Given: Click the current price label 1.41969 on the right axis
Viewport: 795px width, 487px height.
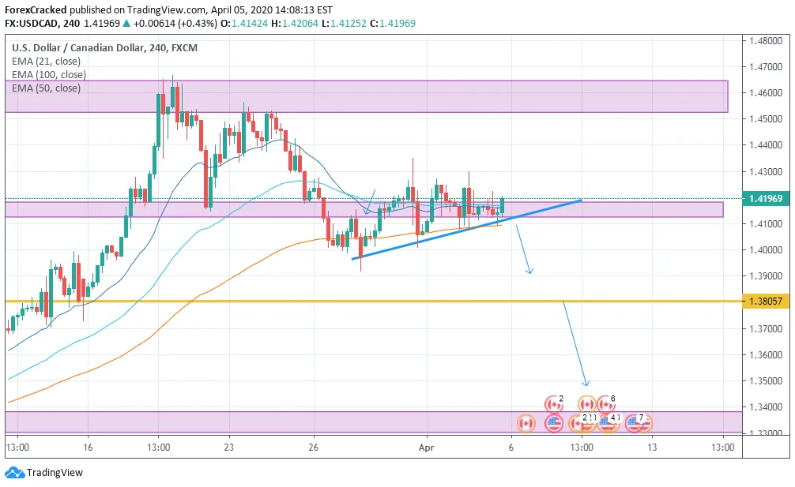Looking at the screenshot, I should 764,199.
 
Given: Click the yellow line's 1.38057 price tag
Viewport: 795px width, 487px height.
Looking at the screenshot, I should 764,302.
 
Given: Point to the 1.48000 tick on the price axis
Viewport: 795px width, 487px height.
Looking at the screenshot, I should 764,41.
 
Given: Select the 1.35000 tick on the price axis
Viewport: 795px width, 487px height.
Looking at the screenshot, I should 764,381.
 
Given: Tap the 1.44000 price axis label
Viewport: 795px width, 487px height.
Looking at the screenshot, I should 764,145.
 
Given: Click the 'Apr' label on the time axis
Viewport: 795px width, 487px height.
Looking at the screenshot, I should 427,448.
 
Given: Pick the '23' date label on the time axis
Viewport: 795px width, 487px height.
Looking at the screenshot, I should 228,448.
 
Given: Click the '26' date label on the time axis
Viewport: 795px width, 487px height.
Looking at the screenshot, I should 314,448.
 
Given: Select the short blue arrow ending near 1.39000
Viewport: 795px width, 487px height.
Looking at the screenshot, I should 523,249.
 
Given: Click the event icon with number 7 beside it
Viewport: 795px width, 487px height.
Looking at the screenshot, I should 635,424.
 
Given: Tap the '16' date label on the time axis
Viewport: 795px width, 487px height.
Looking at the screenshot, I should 88,448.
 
